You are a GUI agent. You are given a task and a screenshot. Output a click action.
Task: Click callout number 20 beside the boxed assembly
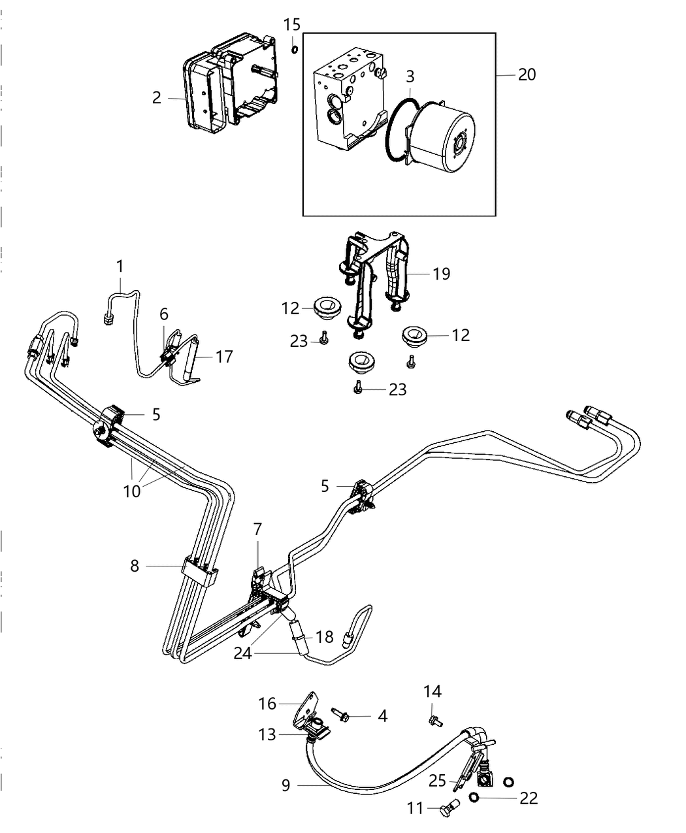click(x=527, y=75)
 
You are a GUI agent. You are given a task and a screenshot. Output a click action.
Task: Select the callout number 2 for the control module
click(x=156, y=98)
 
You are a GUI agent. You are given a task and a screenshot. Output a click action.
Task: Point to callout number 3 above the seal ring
click(x=410, y=76)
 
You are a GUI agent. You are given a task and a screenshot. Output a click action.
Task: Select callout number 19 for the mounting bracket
click(x=442, y=274)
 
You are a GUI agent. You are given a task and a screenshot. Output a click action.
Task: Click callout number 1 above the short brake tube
click(x=120, y=267)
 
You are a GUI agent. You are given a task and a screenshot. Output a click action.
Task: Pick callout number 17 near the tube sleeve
click(x=224, y=357)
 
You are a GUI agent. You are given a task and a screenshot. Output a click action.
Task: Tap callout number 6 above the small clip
click(x=164, y=314)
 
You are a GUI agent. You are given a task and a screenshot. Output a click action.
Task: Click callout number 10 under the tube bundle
click(x=132, y=491)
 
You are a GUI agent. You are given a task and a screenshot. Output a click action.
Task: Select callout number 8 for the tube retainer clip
click(x=135, y=566)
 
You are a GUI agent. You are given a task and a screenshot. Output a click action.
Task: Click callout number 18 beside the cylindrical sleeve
click(x=325, y=637)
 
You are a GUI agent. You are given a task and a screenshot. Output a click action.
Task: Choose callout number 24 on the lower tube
click(x=243, y=653)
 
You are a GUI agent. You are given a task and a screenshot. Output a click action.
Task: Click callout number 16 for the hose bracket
click(x=268, y=704)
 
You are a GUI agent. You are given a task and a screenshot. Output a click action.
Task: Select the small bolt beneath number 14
click(x=433, y=721)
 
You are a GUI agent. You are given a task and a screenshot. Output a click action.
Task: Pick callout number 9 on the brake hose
click(x=286, y=784)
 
